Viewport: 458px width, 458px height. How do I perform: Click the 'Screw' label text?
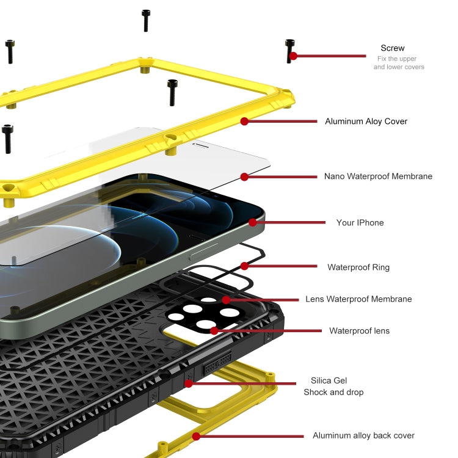pos(392,48)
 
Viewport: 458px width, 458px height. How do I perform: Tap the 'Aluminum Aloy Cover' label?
pos(366,122)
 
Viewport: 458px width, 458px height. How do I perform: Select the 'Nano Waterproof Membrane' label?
pos(378,176)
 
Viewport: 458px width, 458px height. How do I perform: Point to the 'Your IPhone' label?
pos(360,223)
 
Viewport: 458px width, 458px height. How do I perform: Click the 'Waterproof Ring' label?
pos(358,267)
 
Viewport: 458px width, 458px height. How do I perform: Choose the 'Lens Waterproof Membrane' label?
pos(358,299)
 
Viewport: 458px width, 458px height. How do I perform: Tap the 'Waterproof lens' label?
pos(359,331)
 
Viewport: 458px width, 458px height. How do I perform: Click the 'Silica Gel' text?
pos(329,380)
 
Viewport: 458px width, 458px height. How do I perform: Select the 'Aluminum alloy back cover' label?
pos(363,435)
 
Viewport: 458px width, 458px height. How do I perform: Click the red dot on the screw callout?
pos(293,56)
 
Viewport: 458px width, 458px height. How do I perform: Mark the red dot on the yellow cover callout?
pos(244,122)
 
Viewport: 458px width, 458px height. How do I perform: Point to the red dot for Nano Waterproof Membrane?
pos(244,177)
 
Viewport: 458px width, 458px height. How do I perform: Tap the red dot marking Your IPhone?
pos(253,223)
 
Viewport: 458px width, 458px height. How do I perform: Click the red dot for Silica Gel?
pos(189,383)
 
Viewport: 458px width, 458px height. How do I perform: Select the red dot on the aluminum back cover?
pos(196,436)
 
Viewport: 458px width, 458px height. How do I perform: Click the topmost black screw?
pos(146,20)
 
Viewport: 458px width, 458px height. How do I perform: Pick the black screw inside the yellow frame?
pos(173,92)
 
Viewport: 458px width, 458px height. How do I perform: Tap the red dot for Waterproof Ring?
pos(244,266)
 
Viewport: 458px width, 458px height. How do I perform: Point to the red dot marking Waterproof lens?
pos(214,331)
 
